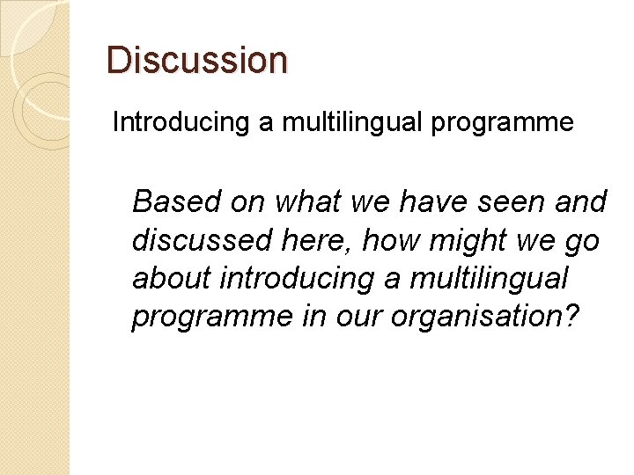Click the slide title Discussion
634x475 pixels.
point(196,60)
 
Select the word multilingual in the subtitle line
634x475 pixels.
point(348,122)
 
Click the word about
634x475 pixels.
point(171,278)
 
